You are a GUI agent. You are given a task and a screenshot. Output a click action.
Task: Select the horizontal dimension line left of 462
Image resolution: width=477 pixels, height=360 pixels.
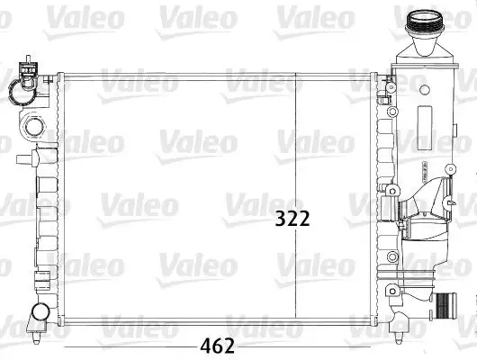(x=126, y=346)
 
